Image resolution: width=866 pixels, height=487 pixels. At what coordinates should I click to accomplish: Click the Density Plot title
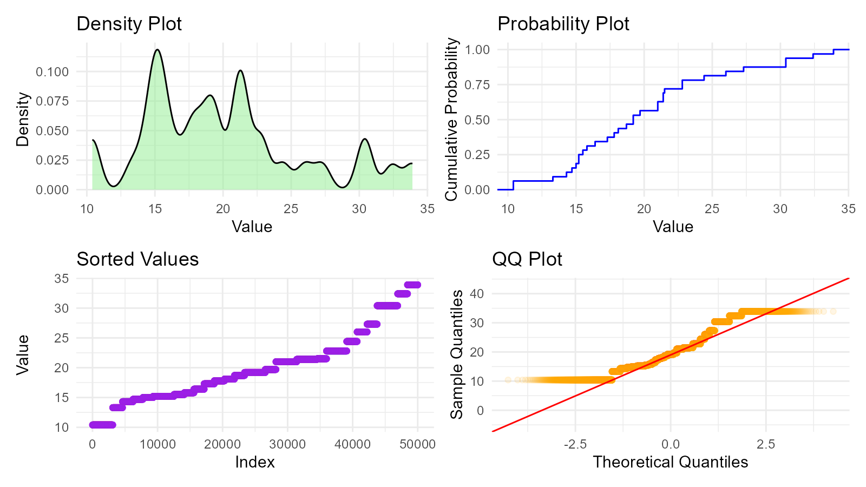coord(129,24)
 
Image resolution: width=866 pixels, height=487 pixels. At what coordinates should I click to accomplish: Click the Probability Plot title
coord(563,24)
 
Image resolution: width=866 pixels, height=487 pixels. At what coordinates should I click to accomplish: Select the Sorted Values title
coord(137,259)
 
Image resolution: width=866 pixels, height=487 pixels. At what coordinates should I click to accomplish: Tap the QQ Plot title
coord(527,259)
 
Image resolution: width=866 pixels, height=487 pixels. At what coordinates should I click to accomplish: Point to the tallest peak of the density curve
coord(158,50)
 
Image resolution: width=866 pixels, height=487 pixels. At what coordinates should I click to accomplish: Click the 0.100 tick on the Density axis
coord(53,72)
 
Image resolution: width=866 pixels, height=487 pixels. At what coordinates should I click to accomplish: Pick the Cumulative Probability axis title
coord(451,120)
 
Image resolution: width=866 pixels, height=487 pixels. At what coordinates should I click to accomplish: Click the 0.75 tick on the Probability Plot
coord(477,85)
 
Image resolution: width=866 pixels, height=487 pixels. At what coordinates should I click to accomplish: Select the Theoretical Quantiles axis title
coord(670,462)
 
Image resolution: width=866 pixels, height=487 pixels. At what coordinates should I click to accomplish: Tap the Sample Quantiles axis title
coord(457,354)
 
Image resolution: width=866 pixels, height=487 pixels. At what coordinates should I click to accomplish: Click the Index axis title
coord(255,462)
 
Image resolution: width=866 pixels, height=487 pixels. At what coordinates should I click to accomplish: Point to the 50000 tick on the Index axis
coord(417,445)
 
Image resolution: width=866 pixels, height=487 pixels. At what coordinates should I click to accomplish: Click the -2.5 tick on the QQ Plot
coord(575,445)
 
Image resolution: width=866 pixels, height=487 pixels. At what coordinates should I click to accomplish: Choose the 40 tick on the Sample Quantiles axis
coord(476,294)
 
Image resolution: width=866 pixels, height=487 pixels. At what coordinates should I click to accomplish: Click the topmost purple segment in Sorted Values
coord(412,285)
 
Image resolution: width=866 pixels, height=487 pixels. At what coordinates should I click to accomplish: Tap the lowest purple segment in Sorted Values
coord(102,425)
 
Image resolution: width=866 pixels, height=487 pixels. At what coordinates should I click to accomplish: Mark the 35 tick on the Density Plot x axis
coord(427,209)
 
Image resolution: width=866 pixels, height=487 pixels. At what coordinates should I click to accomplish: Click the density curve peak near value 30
coord(365,139)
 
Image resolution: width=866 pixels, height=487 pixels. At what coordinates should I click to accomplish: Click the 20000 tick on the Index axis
coord(222,445)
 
